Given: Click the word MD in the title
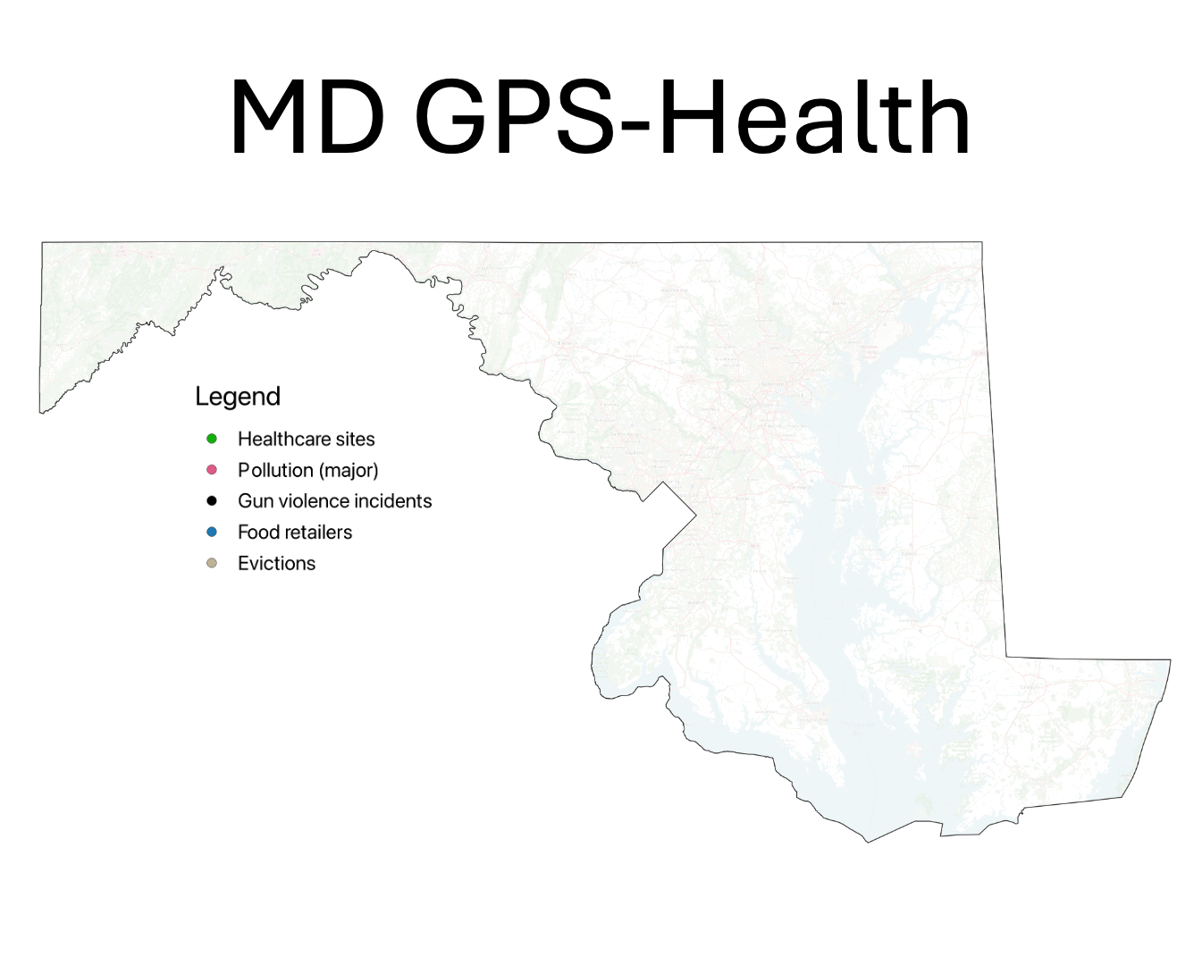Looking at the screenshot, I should coord(307,118).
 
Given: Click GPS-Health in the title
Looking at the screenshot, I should coord(692,118).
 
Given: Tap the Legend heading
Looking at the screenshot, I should coord(238,397).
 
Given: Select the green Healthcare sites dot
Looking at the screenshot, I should coord(212,439).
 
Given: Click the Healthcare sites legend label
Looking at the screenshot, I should coord(306,439).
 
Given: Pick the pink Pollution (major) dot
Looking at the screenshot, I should coord(212,470).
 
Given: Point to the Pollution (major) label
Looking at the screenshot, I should coord(307,470).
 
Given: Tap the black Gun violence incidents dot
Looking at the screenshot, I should coord(212,501).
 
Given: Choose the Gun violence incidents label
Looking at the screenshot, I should coord(334,501).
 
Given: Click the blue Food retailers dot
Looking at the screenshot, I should coord(212,533).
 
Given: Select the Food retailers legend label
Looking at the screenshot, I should coord(295,533).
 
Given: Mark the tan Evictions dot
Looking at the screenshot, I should coord(212,563).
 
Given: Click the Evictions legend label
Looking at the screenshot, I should coord(276,563).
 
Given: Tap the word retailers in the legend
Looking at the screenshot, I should coord(318,533).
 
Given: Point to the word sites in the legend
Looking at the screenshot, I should coord(356,439).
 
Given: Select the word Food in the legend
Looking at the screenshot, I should coord(258,533).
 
